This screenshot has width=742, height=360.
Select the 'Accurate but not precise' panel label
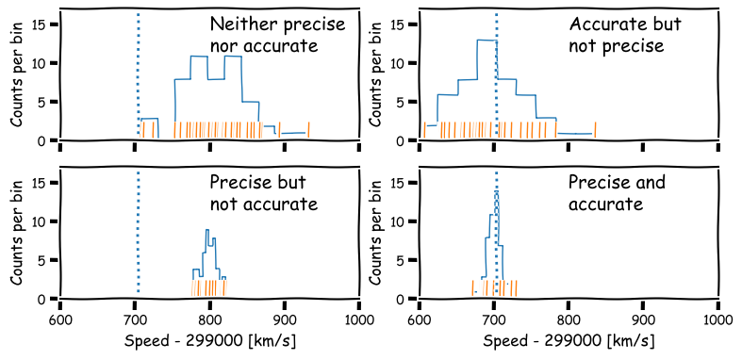click(x=623, y=35)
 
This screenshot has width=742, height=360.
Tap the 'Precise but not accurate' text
click(x=264, y=193)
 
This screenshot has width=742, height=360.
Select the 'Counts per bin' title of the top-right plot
click(x=375, y=75)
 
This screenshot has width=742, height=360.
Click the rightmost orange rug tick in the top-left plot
click(x=308, y=130)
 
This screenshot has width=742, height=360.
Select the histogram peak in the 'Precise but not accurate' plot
click(x=206, y=231)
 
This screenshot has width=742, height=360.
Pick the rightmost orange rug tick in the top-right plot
click(x=595, y=130)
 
